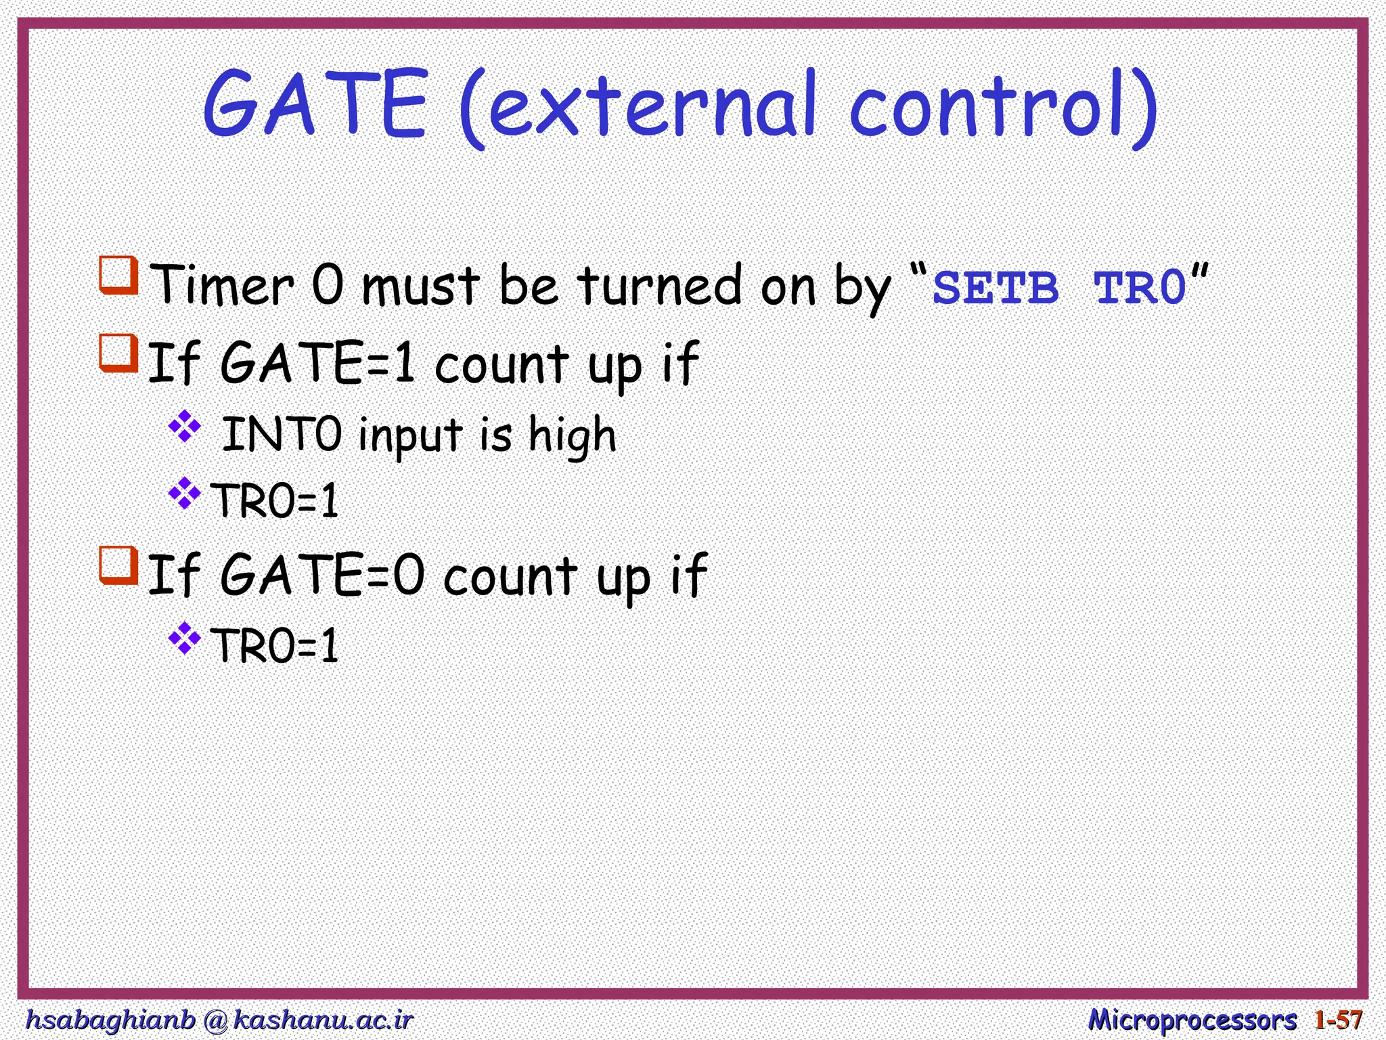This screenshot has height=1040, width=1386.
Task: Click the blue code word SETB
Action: click(x=995, y=288)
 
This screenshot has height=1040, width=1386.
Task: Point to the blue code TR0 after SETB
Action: click(x=1140, y=288)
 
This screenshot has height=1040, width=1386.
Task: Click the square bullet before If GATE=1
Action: click(x=119, y=352)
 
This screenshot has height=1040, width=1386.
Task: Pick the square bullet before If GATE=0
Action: click(x=119, y=565)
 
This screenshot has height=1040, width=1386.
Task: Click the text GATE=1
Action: click(x=318, y=364)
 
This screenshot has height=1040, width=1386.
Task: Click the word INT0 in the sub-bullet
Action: click(x=282, y=435)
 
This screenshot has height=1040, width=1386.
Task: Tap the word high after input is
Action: click(x=572, y=435)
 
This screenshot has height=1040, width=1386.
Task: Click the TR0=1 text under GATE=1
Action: click(x=275, y=501)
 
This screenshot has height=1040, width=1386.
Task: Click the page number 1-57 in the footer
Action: click(x=1338, y=1020)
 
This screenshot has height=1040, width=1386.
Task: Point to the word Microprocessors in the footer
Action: click(x=1192, y=1020)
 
